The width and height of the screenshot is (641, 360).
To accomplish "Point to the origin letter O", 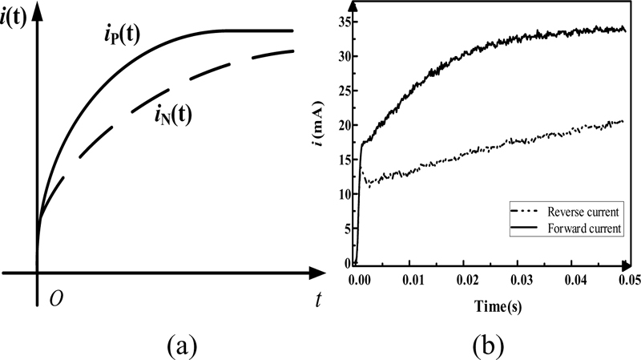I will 56,299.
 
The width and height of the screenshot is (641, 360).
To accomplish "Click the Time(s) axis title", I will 486,304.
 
